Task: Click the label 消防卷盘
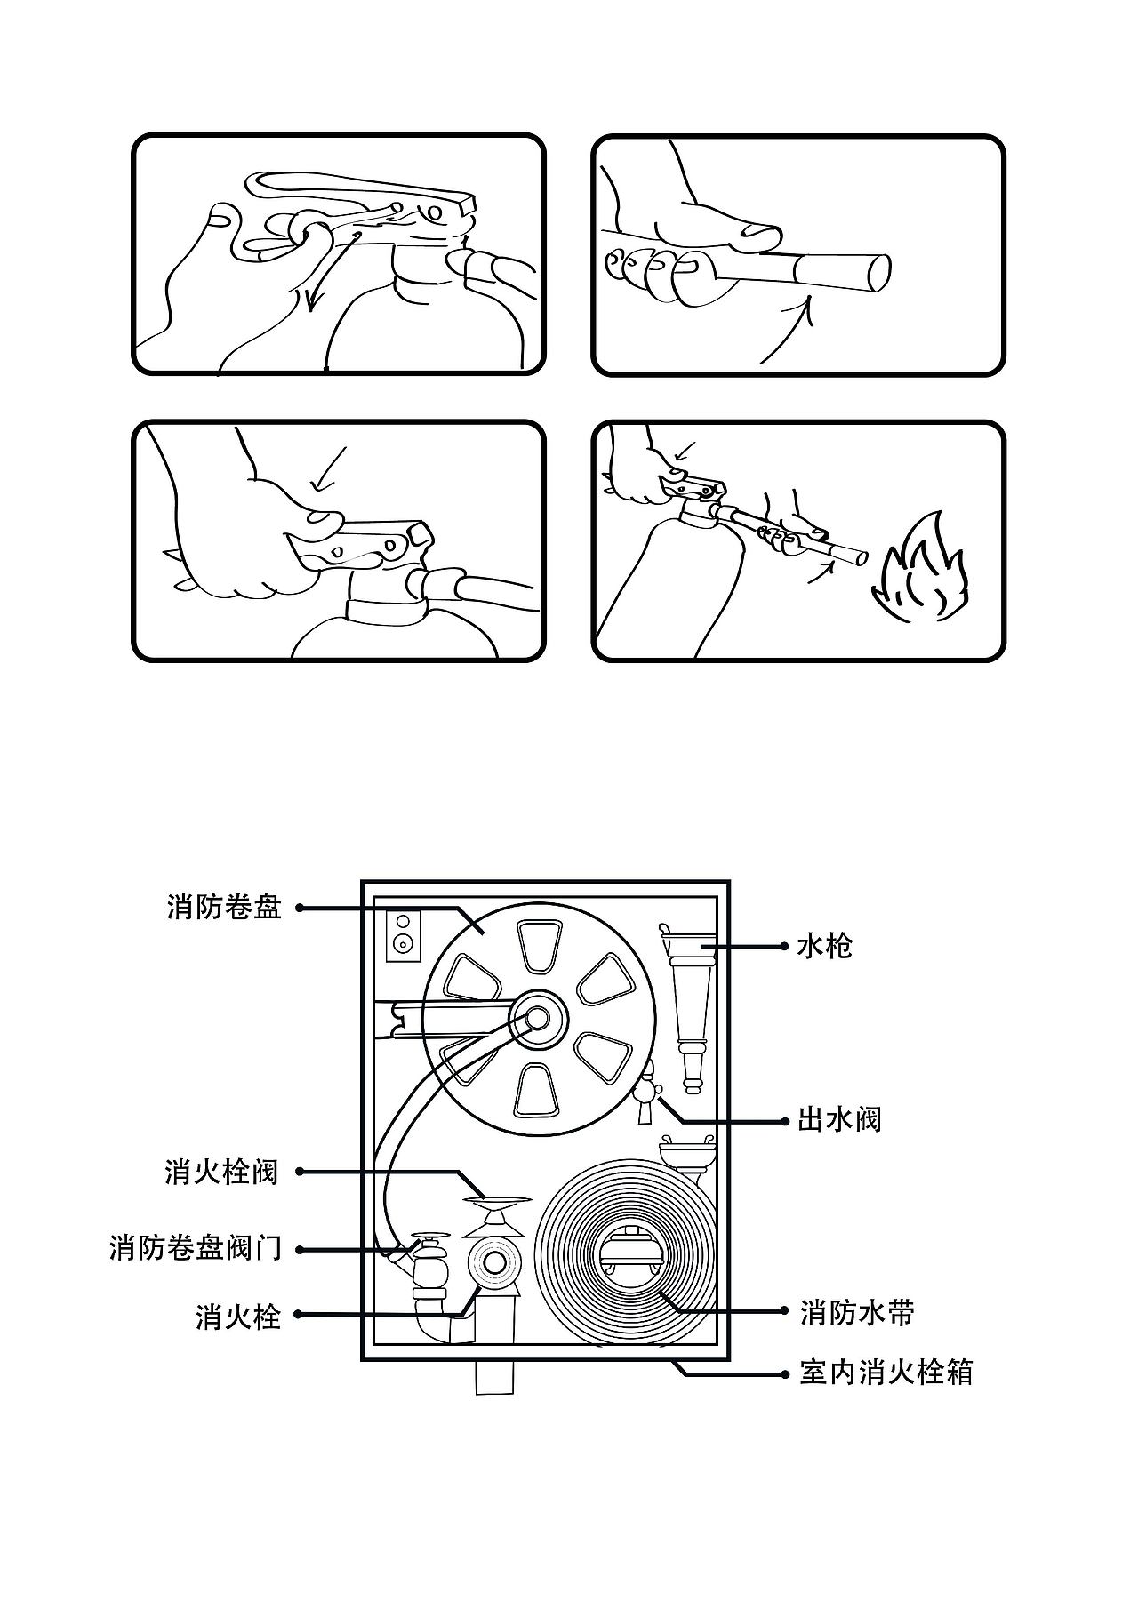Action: (224, 908)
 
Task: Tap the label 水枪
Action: (825, 947)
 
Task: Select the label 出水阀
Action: (838, 1120)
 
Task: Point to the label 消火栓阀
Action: (221, 1172)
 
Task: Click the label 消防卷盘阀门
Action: (195, 1249)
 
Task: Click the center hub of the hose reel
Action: (539, 1018)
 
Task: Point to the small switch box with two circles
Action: (404, 935)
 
